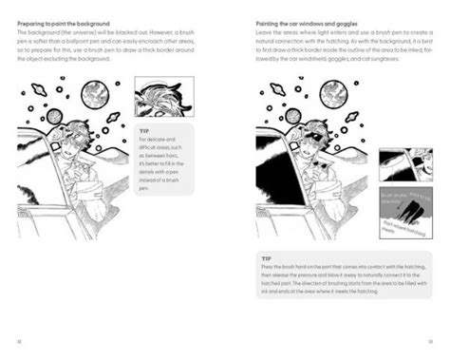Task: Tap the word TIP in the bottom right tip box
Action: coord(268,257)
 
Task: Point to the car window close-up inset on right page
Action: coord(405,162)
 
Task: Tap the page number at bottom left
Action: coord(20,339)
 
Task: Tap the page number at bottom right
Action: coord(430,339)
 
